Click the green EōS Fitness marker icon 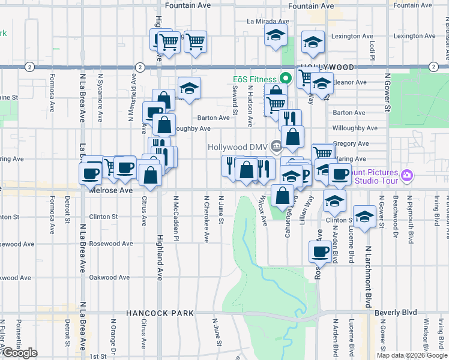click(x=286, y=79)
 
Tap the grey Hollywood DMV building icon click(x=276, y=146)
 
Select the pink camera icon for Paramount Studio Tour click(x=407, y=175)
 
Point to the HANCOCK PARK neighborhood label click(x=160, y=313)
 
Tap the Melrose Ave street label click(x=110, y=190)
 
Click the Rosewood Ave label click(x=111, y=244)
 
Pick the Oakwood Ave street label click(x=109, y=277)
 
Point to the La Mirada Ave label click(x=268, y=21)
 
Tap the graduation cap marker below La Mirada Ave click(x=276, y=35)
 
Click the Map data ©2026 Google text click(x=412, y=355)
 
